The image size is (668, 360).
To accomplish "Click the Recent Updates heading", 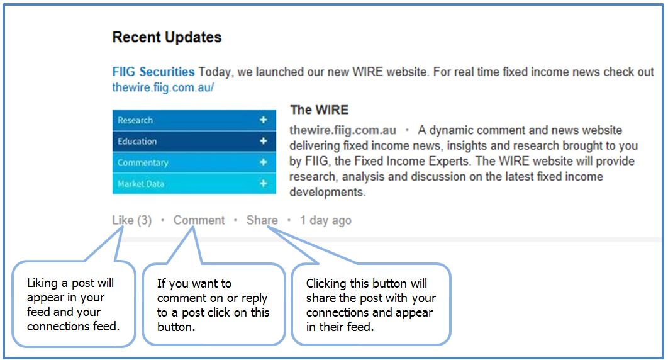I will coord(167,37).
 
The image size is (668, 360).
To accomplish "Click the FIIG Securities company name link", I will coord(153,72).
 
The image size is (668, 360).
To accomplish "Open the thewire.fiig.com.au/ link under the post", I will coord(163,87).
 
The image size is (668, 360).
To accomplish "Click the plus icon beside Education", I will coord(264,142).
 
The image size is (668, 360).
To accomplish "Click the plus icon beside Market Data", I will coord(264,184).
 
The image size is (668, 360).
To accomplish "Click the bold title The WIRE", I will coord(319,110).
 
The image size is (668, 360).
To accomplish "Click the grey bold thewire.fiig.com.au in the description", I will coord(343,130).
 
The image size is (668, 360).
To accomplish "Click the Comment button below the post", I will coord(199,220).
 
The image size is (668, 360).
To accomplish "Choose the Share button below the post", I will coord(262,220).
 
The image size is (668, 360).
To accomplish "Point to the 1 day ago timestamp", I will coord(325,220).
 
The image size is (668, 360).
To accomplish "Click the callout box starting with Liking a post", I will coord(74,305).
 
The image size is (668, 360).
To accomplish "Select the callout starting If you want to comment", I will coord(213,305).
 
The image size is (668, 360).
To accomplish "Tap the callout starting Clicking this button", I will coord(370,305).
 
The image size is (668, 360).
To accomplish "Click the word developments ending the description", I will coord(327,192).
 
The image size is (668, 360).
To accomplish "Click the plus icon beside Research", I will coord(264,120).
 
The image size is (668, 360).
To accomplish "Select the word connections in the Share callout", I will coord(337,312).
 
